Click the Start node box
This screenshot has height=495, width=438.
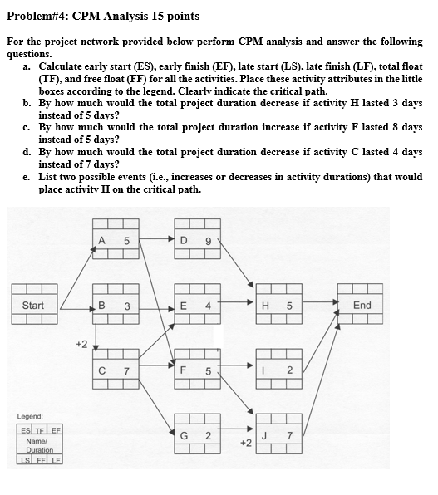[33, 306]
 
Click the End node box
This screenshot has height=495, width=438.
[362, 306]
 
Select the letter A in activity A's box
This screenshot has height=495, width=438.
[101, 243]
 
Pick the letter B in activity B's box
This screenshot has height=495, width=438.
[101, 306]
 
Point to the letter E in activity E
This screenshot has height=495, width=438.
[182, 306]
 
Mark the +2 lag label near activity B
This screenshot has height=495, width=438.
[81, 341]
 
